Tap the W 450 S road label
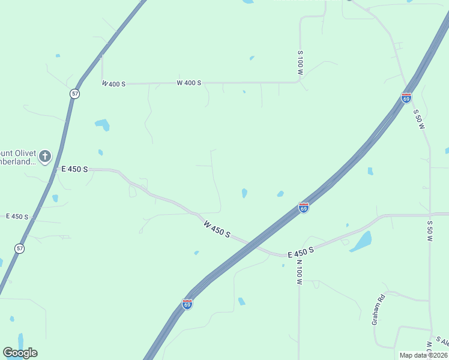pos(216,229)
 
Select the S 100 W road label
pos(300,63)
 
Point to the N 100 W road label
pos(298,272)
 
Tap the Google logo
pos(20,353)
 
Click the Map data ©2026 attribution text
pos(423,355)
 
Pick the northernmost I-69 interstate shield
pos(406,98)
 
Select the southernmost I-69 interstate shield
pos(187,304)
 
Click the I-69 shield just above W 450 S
pos(304,208)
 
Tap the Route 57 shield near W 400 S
pos(74,94)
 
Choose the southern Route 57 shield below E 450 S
pos(20,248)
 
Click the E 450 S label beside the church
pos(74,170)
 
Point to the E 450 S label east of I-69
pos(301,254)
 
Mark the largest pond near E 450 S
pos(361,241)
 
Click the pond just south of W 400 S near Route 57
pos(103,125)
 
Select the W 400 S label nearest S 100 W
pos(188,83)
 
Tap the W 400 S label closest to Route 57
pos(113,84)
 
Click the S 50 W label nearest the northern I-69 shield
pos(418,119)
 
